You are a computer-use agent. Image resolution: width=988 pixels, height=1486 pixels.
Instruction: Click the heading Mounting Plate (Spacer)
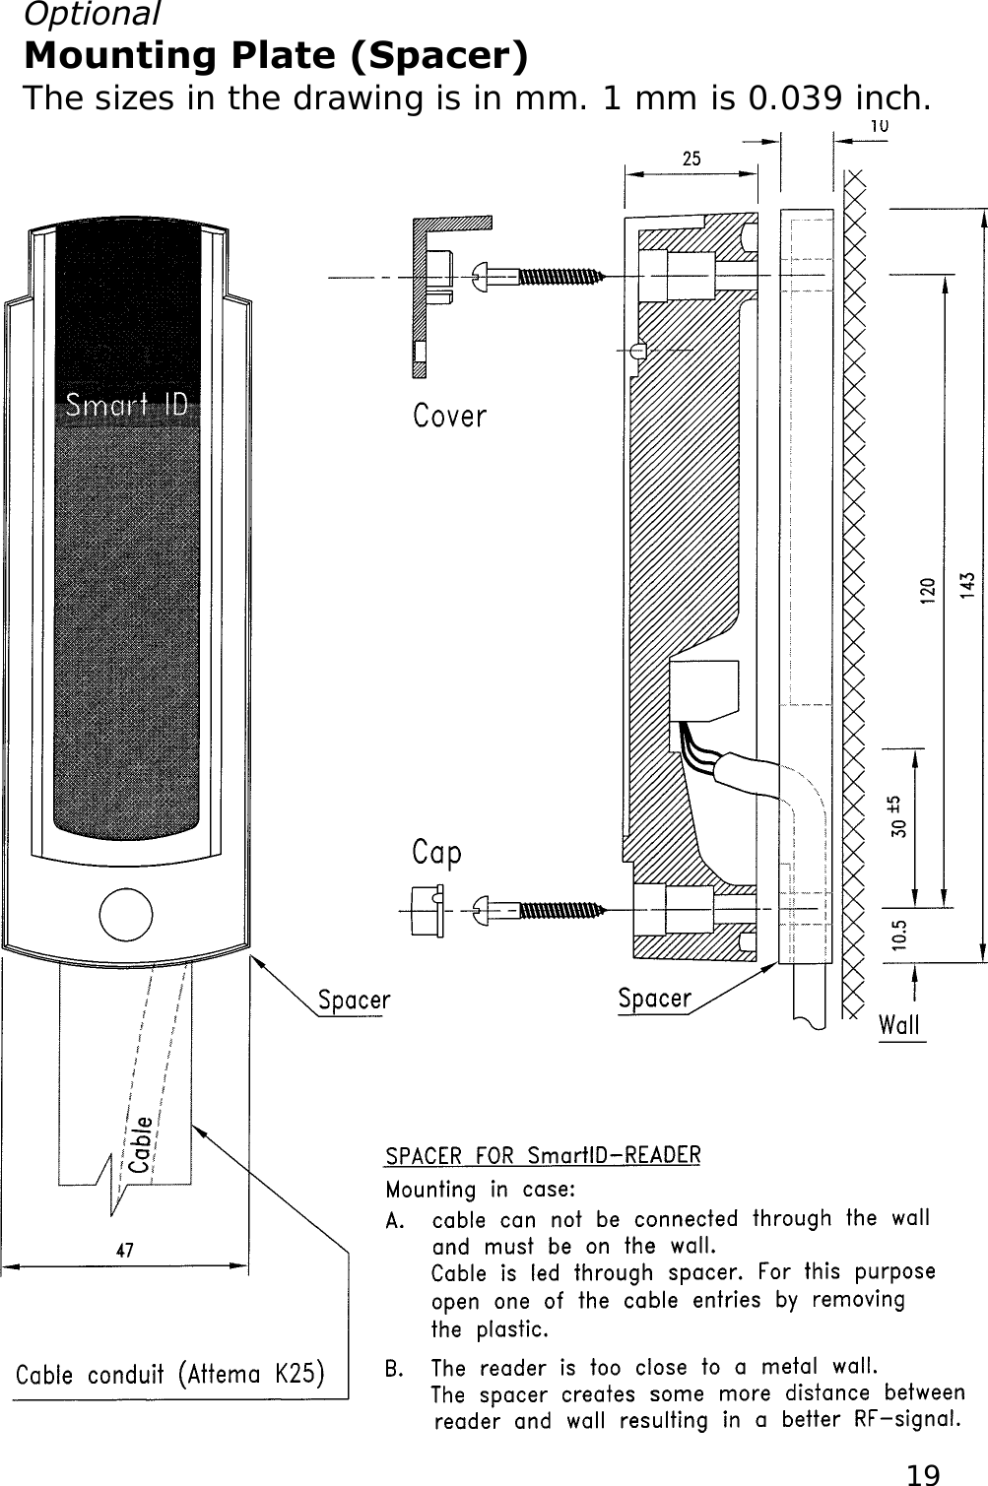tap(276, 56)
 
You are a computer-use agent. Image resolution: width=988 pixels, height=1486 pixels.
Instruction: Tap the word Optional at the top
tap(91, 14)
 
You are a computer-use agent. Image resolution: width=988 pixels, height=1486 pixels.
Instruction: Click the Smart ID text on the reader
tap(126, 405)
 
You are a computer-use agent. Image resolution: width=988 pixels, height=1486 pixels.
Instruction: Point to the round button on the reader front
tap(126, 914)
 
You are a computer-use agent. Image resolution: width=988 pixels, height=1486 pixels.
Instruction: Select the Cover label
tap(449, 417)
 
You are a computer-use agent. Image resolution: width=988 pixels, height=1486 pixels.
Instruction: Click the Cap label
tap(436, 853)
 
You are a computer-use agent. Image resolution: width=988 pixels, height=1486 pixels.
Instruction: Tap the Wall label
tap(899, 1025)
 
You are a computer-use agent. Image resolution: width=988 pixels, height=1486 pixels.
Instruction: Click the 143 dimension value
tap(969, 585)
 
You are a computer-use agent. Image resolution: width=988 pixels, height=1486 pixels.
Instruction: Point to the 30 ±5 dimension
tap(899, 816)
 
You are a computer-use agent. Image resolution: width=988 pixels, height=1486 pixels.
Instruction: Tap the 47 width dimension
tap(125, 1252)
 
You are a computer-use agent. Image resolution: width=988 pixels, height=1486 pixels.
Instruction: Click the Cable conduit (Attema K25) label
tap(170, 1374)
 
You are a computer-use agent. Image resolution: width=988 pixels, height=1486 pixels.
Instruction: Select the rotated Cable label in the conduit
tap(142, 1144)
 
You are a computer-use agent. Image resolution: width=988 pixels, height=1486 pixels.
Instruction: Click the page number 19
tap(923, 1474)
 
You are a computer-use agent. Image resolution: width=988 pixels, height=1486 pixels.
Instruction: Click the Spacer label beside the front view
tap(354, 1001)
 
